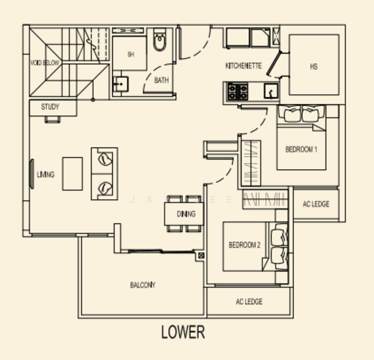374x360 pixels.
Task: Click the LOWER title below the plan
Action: (x=183, y=332)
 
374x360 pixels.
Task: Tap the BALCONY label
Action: (x=143, y=285)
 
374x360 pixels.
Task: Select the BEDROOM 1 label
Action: (x=301, y=149)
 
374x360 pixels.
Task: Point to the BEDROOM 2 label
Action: (x=245, y=245)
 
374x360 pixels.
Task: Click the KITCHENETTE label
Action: (x=243, y=66)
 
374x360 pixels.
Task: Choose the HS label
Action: (x=313, y=67)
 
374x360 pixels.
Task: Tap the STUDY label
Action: (x=50, y=107)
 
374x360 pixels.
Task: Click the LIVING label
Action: (x=46, y=175)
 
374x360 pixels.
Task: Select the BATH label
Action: (x=161, y=80)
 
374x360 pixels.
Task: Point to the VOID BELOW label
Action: (x=45, y=62)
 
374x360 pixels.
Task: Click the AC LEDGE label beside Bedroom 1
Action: (x=315, y=205)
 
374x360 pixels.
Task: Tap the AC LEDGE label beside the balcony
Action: (x=249, y=302)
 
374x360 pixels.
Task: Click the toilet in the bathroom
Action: (x=160, y=41)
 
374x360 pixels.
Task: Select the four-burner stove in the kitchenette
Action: (x=237, y=92)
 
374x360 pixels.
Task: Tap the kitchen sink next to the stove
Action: (x=271, y=92)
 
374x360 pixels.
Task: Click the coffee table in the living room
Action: (x=73, y=174)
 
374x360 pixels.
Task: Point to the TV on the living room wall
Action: (x=32, y=174)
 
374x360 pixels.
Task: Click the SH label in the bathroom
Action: (x=131, y=54)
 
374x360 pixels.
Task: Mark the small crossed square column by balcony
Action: (x=201, y=256)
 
